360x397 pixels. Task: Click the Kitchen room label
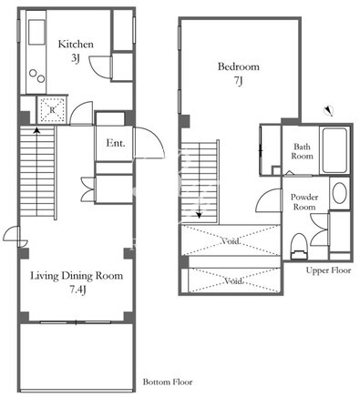[x=76, y=45]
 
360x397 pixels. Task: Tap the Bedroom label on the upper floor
[x=239, y=66]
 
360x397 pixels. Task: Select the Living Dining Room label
[x=77, y=276]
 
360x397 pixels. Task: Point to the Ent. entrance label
[x=116, y=143]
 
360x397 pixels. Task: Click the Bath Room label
[x=302, y=151]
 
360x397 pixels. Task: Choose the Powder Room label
[x=304, y=202]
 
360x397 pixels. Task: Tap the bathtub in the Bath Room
[x=334, y=150]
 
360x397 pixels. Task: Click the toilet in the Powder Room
[x=299, y=247]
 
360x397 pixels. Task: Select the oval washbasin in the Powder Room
[x=339, y=193]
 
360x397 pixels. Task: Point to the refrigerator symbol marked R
[x=52, y=110]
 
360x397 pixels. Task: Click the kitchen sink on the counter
[x=36, y=32]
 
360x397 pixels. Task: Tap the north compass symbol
[x=328, y=110]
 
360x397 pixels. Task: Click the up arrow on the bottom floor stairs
[x=36, y=131]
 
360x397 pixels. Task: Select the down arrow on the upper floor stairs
[x=199, y=215]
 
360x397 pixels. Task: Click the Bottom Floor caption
[x=168, y=382]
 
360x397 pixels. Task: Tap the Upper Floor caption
[x=328, y=270]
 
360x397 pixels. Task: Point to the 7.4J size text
[x=77, y=290]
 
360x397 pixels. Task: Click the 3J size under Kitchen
[x=76, y=58]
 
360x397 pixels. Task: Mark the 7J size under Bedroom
[x=239, y=81]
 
